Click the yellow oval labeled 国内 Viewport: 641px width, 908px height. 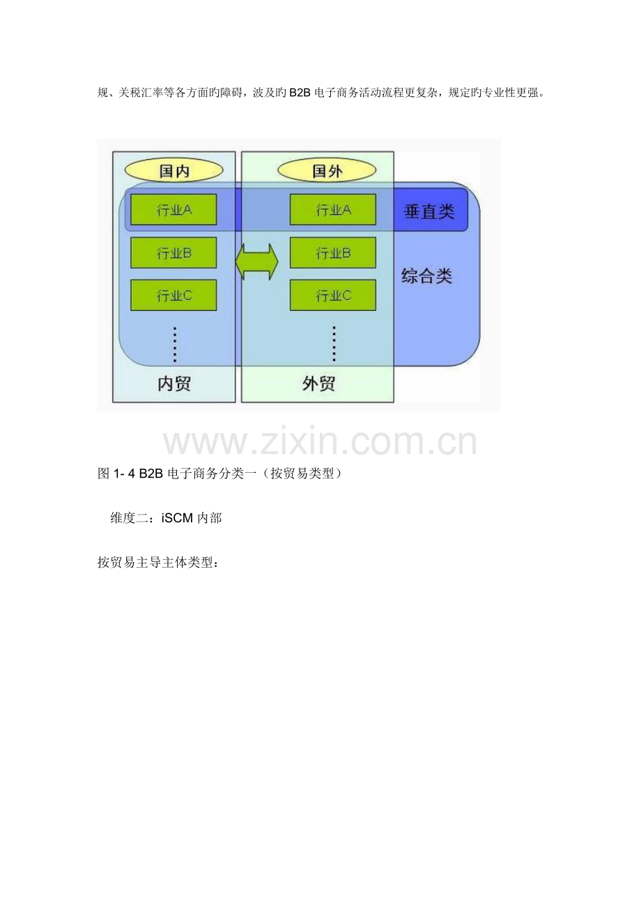pos(173,171)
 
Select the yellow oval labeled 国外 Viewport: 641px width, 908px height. pos(326,171)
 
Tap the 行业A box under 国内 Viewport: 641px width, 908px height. pos(173,210)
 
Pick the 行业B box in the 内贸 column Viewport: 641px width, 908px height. pos(173,253)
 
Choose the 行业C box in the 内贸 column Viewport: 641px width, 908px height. pos(173,296)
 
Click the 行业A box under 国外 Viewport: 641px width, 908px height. pos(333,210)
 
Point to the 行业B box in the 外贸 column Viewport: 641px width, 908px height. pos(333,253)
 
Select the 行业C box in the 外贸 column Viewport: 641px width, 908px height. pos(333,296)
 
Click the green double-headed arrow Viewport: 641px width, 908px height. pos(256,262)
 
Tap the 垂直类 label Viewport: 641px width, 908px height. pos(429,211)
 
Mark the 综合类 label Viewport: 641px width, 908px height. pos(427,276)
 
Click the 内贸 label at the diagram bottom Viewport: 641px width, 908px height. pos(174,384)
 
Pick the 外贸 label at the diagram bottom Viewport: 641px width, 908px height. pos(318,384)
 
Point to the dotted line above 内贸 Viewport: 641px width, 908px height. pos(175,344)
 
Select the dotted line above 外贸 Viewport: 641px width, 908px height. pos(334,344)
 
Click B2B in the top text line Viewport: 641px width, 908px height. pos(300,93)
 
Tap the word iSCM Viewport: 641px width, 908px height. pos(177,518)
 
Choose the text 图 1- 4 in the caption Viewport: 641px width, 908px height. pos(116,473)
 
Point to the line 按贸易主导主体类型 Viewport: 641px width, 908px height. pos(158,562)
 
